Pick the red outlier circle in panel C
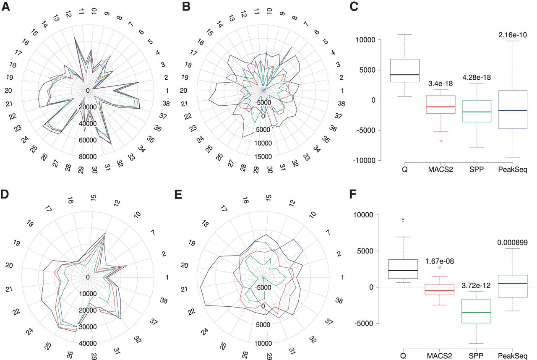441,141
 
